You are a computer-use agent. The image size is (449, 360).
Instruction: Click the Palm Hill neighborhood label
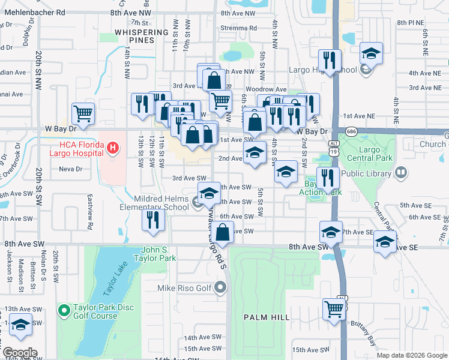(x=267, y=317)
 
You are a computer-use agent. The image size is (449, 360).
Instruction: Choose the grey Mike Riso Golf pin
(x=221, y=288)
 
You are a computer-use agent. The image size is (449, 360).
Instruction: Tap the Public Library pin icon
(x=401, y=173)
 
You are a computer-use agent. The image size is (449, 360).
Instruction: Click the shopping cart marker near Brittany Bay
(x=334, y=310)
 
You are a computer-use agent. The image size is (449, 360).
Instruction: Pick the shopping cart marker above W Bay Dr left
(x=83, y=113)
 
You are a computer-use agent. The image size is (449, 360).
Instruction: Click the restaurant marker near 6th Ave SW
(x=154, y=220)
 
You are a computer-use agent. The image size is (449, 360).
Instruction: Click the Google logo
(x=20, y=353)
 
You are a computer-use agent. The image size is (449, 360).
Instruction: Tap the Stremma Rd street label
(x=238, y=28)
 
